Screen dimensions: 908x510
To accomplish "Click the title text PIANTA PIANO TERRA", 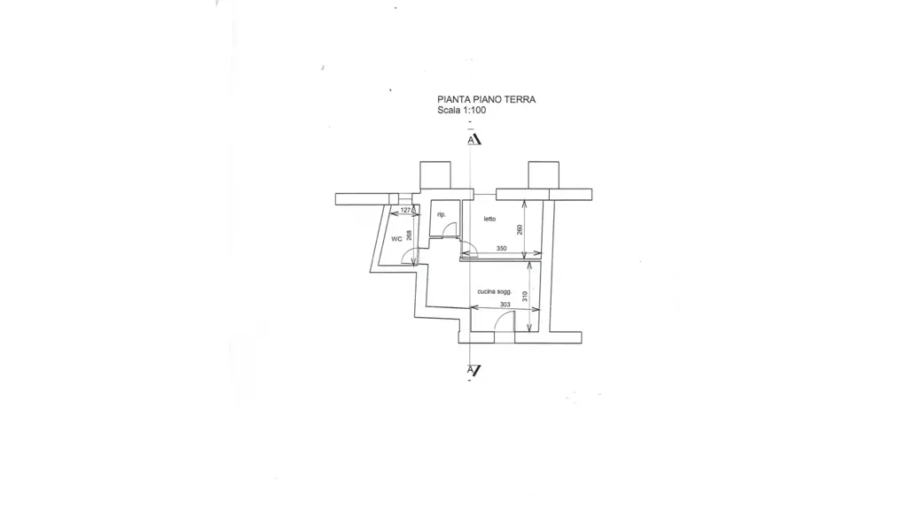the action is [x=487, y=99].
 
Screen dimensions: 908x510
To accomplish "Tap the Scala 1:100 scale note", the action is [x=461, y=110].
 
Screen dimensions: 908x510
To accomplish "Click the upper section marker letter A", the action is [x=472, y=140].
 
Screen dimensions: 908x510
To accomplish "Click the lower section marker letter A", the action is [x=472, y=369].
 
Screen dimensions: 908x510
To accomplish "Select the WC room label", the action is [x=396, y=239].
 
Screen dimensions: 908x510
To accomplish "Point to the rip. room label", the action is [x=442, y=214].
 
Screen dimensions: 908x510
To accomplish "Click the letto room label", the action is [x=489, y=220].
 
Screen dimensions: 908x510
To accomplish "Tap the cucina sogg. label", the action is [x=495, y=292].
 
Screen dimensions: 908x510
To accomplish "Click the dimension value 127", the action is [x=405, y=210].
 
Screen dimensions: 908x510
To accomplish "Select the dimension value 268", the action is [x=410, y=236].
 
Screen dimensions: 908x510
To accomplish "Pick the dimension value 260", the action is [x=520, y=229].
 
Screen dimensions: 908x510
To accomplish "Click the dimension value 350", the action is [x=502, y=249].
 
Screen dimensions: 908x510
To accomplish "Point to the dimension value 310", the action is [x=525, y=297].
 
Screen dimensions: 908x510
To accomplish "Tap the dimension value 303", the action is [x=505, y=305].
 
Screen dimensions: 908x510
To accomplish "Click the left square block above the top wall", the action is [x=434, y=175].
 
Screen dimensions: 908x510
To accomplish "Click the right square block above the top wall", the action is [x=544, y=175].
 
